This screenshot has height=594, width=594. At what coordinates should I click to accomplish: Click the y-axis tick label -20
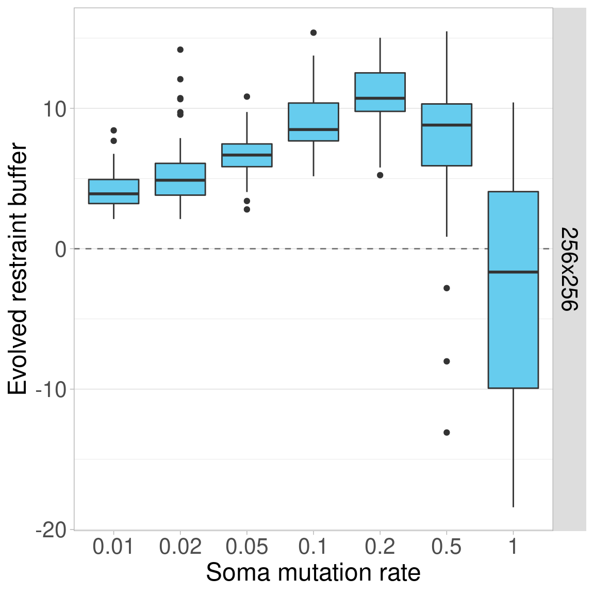coord(51,530)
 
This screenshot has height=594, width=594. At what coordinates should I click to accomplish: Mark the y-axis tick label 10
coord(54,109)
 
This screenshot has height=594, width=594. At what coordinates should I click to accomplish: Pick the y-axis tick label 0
coord(61,249)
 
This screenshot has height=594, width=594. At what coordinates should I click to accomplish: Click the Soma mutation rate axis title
coord(313,573)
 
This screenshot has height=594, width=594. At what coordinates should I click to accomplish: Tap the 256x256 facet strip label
coord(569,269)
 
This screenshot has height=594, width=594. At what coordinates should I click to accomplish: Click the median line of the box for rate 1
coord(513,272)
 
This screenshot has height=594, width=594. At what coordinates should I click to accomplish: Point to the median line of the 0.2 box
coord(380,98)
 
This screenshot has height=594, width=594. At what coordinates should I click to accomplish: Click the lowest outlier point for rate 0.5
coord(447,433)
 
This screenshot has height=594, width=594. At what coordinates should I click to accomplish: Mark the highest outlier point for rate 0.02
coord(180,49)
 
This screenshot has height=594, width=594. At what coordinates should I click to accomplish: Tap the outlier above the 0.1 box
coord(313,32)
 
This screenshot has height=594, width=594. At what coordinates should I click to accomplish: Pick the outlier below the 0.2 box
coord(380,175)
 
